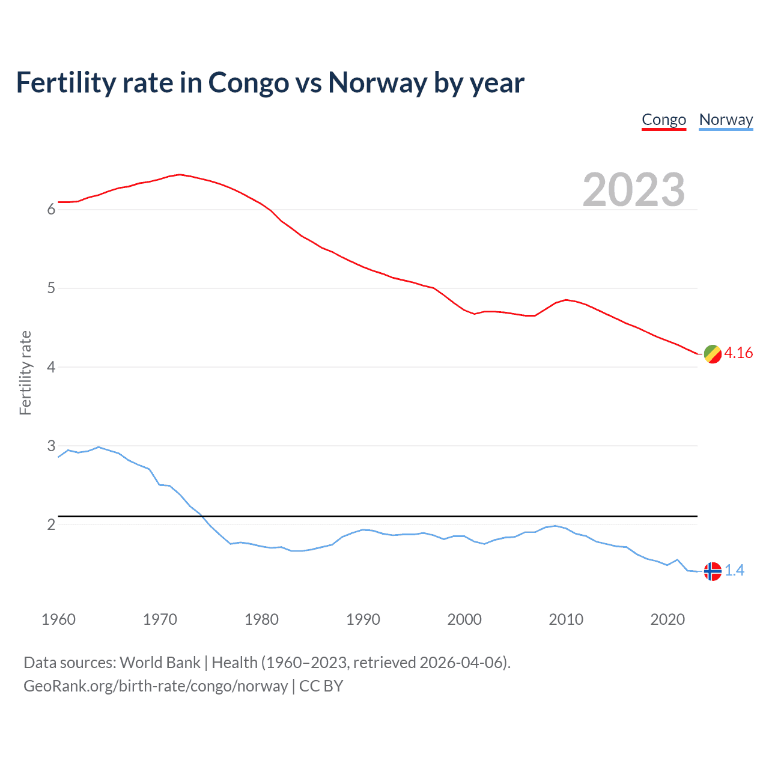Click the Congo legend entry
(664, 120)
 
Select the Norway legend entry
(726, 120)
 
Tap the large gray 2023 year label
(633, 190)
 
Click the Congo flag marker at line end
(712, 354)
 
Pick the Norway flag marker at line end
(712, 571)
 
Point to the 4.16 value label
(738, 353)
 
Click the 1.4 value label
(734, 570)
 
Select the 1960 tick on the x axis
(58, 619)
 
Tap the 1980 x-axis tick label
(261, 619)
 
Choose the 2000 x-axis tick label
(464, 619)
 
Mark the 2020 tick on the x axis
(667, 619)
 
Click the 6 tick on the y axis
(51, 209)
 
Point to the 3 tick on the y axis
(51, 446)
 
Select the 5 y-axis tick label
(51, 288)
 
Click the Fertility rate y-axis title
(25, 372)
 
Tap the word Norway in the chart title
(377, 83)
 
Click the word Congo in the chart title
(248, 83)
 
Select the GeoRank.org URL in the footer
(156, 686)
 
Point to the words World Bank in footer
(160, 663)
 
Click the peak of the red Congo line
(180, 174)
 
